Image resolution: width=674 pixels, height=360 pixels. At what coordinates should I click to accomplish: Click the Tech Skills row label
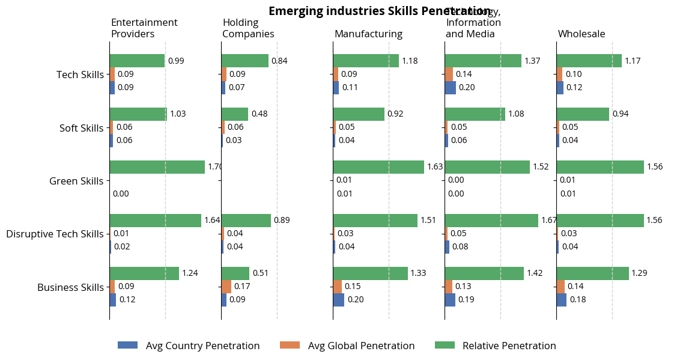point(80,75)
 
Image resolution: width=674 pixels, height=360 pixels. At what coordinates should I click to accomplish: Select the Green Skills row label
point(76,181)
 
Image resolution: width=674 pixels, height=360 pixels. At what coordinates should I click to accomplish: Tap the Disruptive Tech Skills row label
point(55,234)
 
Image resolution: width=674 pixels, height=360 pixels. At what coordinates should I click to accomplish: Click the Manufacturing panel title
point(368,34)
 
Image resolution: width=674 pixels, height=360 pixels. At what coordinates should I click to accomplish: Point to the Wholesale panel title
point(581,34)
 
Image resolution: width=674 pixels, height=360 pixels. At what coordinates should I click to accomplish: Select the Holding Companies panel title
point(248,28)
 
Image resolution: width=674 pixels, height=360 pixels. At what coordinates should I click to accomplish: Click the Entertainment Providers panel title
point(144,28)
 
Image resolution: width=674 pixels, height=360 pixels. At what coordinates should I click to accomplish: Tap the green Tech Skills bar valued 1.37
point(483,61)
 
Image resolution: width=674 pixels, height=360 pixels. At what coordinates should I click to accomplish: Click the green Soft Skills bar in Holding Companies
point(234,114)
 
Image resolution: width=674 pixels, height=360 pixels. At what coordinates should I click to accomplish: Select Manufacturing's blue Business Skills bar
point(338,299)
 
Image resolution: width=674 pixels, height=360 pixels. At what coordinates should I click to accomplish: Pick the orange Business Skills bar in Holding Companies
point(226,286)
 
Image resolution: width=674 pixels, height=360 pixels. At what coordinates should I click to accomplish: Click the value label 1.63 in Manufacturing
point(434,167)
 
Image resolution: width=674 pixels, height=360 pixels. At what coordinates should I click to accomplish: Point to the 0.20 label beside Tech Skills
point(466,87)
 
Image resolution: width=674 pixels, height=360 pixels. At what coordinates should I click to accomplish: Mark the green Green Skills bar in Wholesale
point(600,167)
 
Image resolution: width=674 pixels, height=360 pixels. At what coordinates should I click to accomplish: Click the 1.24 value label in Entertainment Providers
point(190,273)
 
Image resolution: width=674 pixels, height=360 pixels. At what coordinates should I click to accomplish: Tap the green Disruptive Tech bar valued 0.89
point(246,221)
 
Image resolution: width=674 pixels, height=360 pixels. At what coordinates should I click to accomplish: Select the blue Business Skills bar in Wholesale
point(561,299)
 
